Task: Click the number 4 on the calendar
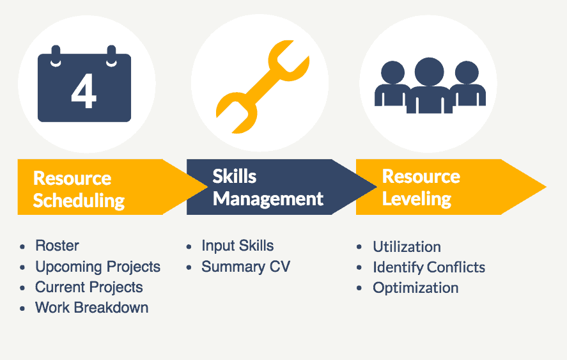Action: coord(84,91)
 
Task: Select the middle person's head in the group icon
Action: coord(429,72)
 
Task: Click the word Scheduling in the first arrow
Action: coord(79,201)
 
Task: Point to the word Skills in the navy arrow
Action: coord(235,176)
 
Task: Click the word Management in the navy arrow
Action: coord(268,199)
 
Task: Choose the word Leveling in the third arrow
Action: coord(417,199)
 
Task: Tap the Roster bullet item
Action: coord(57,246)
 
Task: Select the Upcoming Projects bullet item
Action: coord(98,267)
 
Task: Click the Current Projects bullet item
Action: coord(89,288)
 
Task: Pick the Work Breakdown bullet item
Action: coord(92,308)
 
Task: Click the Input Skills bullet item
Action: coord(238,246)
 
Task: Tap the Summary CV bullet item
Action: coord(246,267)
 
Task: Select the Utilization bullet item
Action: coord(407,247)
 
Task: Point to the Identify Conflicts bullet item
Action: coord(429,267)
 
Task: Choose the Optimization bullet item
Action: coord(416,288)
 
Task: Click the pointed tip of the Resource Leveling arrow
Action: coord(546,187)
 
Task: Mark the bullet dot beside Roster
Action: coord(22,247)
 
